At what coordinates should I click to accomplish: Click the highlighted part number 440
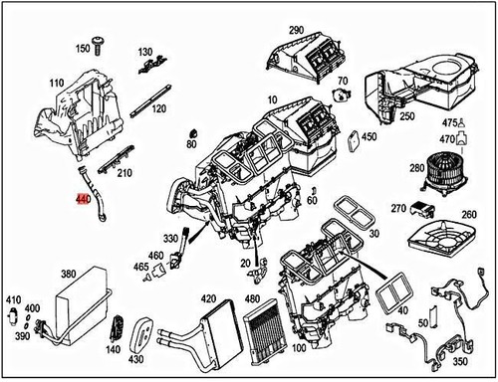83,200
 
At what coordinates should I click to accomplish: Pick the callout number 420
208,298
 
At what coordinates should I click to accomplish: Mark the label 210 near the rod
124,174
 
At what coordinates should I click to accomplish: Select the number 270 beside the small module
398,209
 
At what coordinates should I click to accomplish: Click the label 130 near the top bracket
145,52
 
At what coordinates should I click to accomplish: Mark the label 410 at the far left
13,299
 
